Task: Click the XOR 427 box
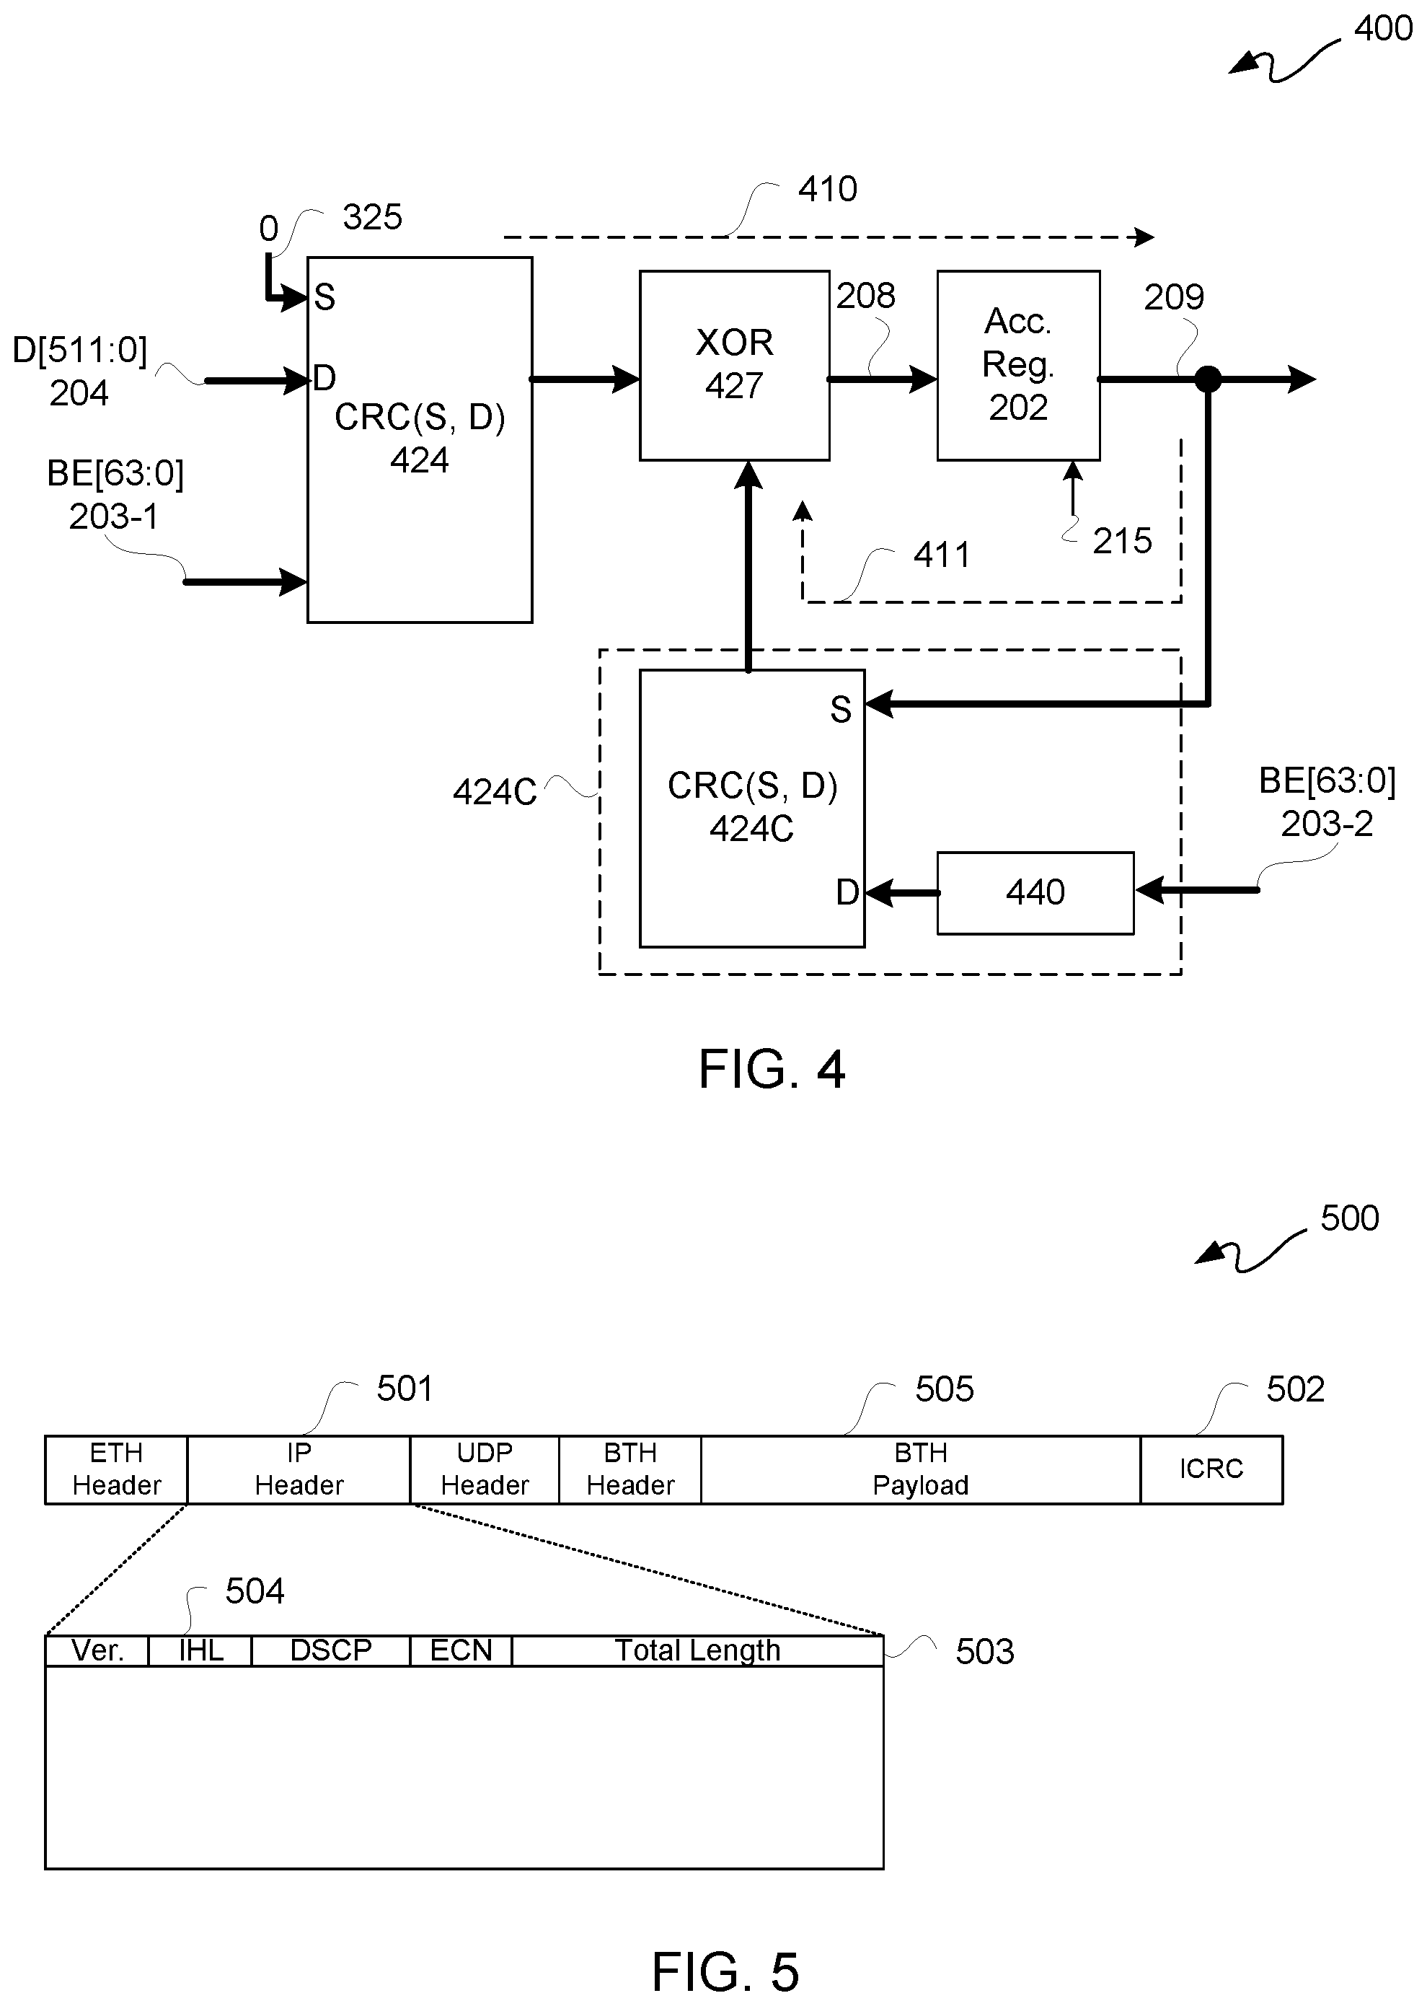[734, 365]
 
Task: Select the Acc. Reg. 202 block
[1018, 365]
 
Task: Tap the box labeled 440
[1035, 892]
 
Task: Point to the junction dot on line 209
[1209, 379]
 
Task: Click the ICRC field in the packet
[1211, 1469]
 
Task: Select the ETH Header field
[116, 1469]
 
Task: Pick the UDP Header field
[484, 1469]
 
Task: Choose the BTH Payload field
[920, 1469]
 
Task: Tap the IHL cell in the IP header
[200, 1650]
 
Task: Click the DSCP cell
[330, 1650]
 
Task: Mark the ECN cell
[461, 1650]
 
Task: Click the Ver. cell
[97, 1650]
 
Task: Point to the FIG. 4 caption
[772, 1069]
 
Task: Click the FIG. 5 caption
[725, 1971]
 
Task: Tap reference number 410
[828, 189]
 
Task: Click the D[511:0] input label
[79, 350]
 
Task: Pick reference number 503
[985, 1652]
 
